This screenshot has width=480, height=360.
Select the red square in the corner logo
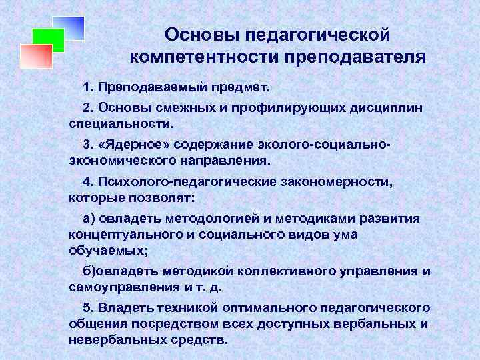tap(35, 56)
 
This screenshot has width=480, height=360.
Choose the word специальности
tap(121, 124)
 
